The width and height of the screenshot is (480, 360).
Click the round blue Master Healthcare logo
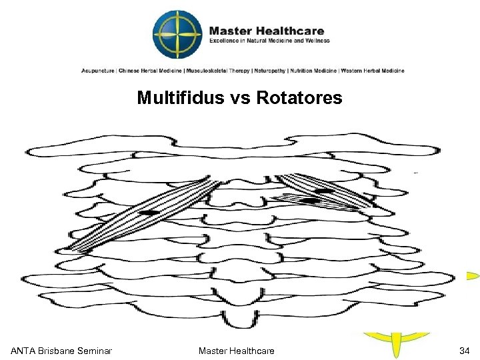click(x=177, y=35)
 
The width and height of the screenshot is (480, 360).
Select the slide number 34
click(x=464, y=351)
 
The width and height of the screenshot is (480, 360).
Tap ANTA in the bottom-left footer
click(x=23, y=351)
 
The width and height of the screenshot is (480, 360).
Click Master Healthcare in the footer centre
click(x=237, y=351)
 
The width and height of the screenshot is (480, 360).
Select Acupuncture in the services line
click(x=97, y=71)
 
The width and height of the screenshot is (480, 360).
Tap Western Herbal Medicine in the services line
click(x=374, y=71)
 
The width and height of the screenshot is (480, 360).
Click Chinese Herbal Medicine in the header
click(x=143, y=71)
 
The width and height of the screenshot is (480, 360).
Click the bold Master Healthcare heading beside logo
click(x=267, y=31)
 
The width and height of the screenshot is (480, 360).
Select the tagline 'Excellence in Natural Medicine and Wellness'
click(x=269, y=41)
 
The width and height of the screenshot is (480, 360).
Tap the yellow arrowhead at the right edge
click(x=472, y=275)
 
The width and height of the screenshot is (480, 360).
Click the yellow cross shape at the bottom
click(x=397, y=344)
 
